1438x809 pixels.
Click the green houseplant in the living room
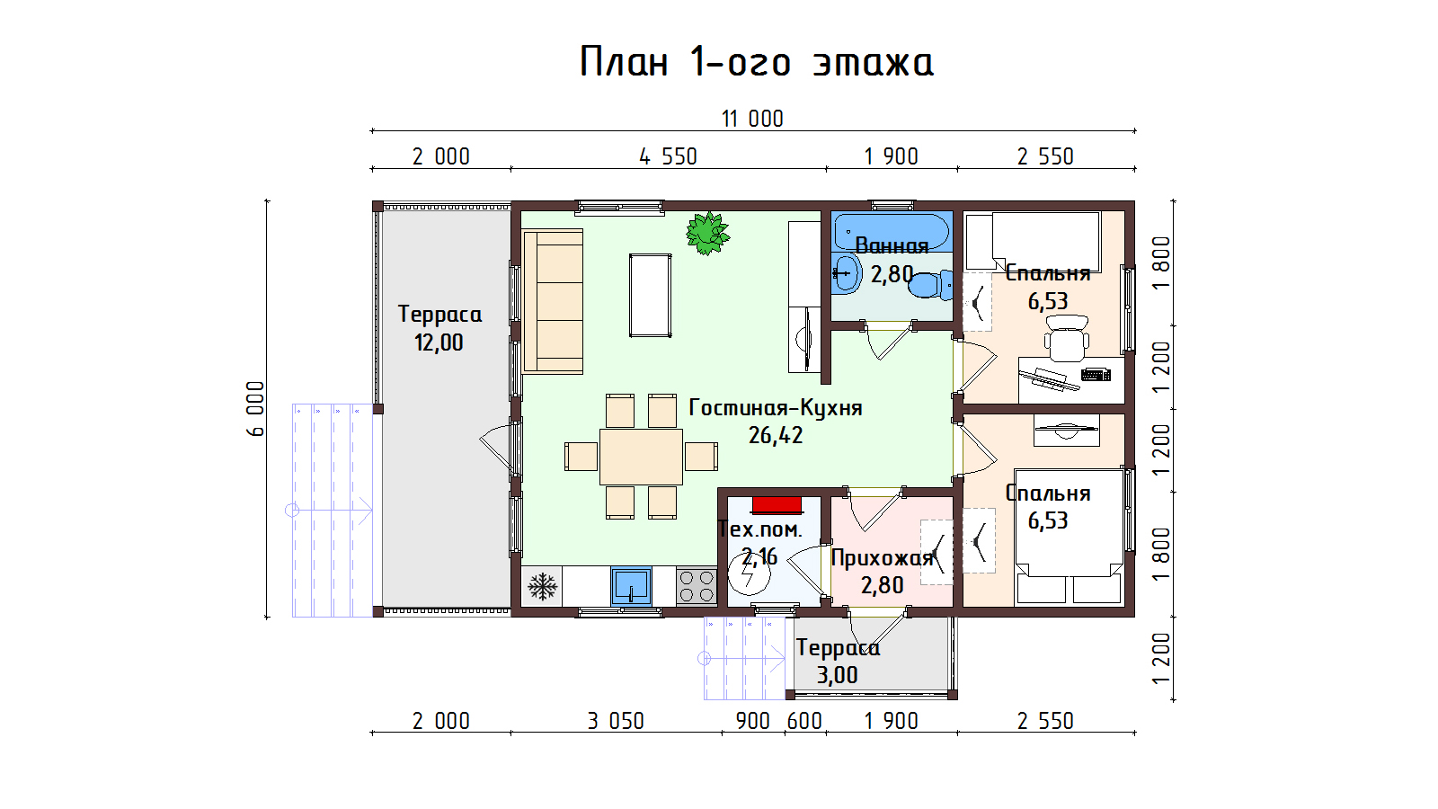tap(707, 233)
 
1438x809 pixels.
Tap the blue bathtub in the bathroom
tap(892, 231)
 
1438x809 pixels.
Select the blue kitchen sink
tap(631, 586)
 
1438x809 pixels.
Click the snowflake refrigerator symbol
tap(543, 586)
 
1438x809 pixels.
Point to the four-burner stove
tap(697, 586)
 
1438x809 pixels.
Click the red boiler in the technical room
tap(777, 505)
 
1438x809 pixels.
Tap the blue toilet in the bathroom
tap(931, 285)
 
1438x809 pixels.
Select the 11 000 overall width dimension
tap(752, 119)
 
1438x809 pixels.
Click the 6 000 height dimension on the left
tap(255, 409)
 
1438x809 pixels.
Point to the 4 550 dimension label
tap(669, 156)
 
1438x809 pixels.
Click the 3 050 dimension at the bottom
tap(616, 721)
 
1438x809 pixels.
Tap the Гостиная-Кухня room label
tap(776, 408)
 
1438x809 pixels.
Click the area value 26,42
tap(776, 435)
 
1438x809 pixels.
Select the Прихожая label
tap(882, 558)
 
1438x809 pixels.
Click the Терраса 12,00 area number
tap(439, 342)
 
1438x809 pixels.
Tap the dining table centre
tap(642, 457)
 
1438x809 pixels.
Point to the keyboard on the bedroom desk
tap(1096, 374)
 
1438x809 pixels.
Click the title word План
tap(624, 62)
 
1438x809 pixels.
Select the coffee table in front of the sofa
tap(651, 296)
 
